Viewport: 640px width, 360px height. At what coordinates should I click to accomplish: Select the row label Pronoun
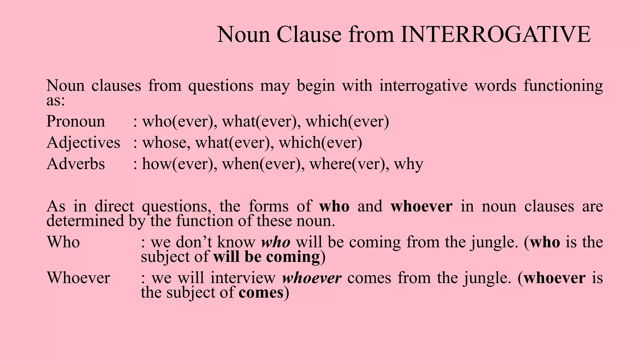[76, 122]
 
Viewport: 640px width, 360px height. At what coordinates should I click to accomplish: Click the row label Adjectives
[83, 143]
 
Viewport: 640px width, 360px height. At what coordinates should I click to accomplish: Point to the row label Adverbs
[76, 164]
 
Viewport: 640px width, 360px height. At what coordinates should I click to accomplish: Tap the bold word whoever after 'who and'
[421, 207]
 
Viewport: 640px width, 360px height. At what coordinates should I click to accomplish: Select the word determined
[85, 221]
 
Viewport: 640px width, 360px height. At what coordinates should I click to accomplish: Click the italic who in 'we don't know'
[276, 242]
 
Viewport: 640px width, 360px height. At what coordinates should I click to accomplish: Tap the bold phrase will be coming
[267, 257]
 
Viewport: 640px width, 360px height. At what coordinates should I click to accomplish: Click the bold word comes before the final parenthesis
[261, 293]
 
